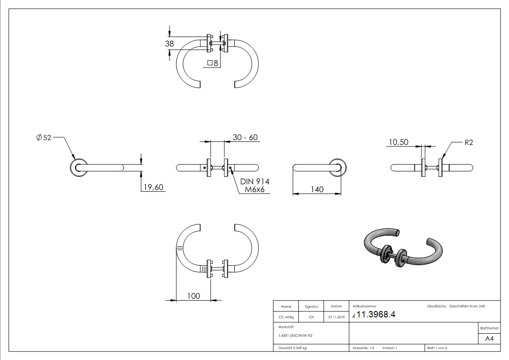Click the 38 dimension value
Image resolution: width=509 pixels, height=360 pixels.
tap(170, 44)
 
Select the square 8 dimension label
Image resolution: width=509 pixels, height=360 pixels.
tap(213, 63)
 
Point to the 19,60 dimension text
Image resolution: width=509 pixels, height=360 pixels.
tap(152, 187)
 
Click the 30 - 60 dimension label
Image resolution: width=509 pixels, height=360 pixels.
tap(245, 137)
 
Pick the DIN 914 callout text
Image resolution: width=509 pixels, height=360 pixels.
tap(255, 181)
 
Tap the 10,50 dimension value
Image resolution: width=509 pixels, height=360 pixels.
tap(398, 142)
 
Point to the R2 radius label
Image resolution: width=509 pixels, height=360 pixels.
tap(469, 142)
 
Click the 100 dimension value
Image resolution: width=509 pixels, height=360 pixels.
tap(194, 296)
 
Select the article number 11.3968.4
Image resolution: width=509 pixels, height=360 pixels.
tap(376, 315)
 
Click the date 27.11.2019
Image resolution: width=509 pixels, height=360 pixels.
tap(336, 317)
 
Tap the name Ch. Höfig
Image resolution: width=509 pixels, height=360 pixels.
tap(286, 317)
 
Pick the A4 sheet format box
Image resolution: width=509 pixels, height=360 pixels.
tap(490, 339)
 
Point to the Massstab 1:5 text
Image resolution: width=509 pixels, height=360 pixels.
tap(363, 348)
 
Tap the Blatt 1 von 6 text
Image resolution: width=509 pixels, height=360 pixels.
tap(437, 348)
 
